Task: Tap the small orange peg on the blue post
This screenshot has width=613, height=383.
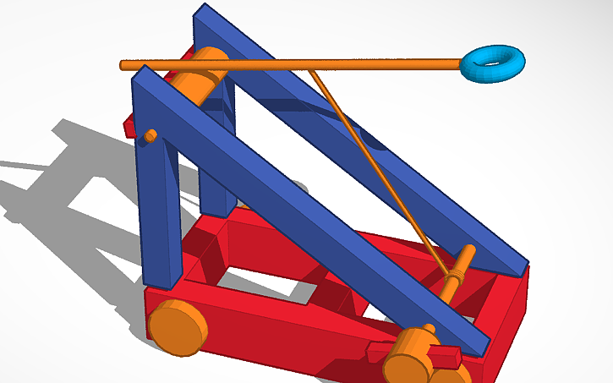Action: pos(150,136)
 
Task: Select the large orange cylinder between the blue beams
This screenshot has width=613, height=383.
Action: pos(203,80)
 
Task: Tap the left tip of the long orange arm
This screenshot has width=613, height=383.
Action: pos(124,64)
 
